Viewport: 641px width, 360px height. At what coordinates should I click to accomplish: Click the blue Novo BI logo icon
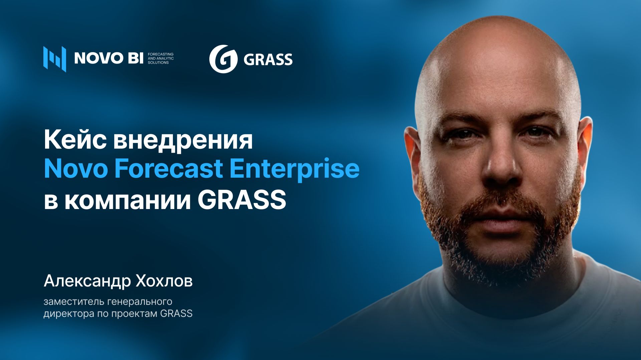(54, 59)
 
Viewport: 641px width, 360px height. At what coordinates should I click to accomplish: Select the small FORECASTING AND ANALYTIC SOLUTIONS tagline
(161, 58)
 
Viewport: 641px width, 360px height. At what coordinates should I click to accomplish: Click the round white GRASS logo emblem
(223, 59)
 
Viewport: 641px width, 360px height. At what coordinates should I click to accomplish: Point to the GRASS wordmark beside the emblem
(268, 60)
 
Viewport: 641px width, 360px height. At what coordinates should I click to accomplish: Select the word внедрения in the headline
(183, 140)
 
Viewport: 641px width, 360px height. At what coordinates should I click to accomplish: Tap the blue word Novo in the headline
(76, 169)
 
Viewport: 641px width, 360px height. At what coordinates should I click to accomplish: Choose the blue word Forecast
(169, 169)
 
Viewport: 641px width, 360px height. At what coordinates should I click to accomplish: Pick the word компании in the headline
(128, 200)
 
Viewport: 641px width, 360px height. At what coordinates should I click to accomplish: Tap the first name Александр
(87, 281)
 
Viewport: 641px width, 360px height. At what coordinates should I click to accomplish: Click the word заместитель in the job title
(74, 302)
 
